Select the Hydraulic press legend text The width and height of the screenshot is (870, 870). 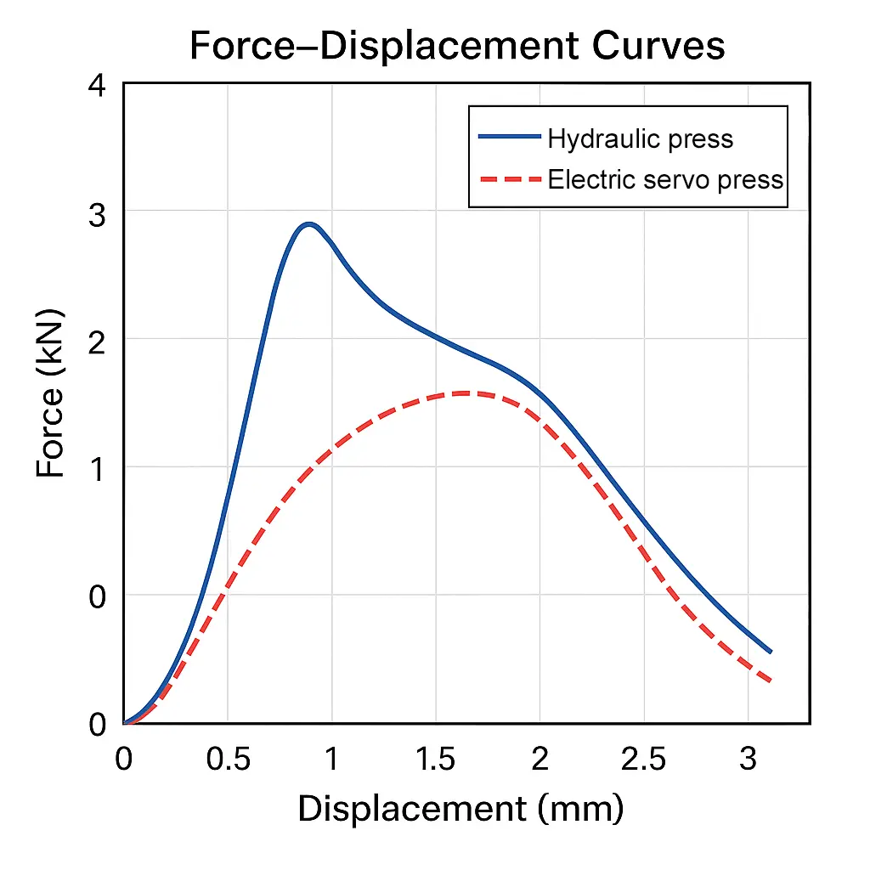coord(640,138)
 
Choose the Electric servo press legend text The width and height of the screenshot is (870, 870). coord(665,180)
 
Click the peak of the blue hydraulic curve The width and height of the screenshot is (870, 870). coord(309,225)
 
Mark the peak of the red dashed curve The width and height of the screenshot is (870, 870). coord(463,393)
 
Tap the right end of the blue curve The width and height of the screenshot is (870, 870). coord(770,652)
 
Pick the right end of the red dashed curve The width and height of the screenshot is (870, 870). coord(770,681)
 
